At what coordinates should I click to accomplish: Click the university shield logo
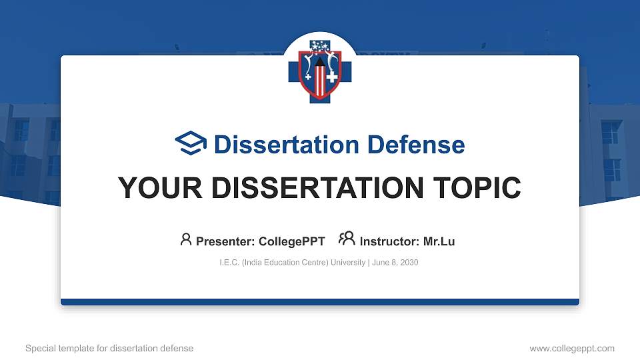319,71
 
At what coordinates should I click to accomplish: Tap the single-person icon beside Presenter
186,239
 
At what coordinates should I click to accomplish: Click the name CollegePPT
291,241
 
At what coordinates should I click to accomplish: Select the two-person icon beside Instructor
347,239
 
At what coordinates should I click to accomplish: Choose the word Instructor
388,241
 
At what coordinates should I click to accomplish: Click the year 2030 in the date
409,263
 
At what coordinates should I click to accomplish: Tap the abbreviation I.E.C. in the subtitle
229,263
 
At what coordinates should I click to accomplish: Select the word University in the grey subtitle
348,263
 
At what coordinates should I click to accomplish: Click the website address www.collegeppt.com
572,349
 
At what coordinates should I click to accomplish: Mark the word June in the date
381,263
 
